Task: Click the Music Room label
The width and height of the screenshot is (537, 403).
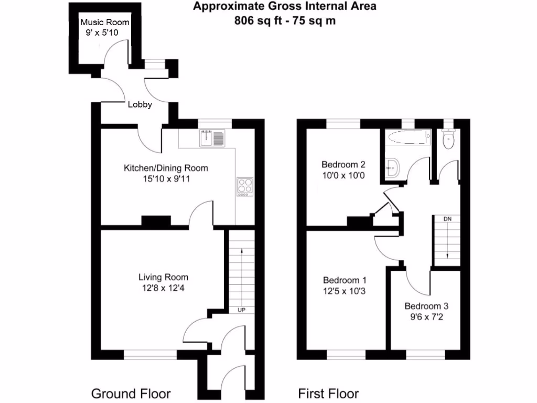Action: [104, 23]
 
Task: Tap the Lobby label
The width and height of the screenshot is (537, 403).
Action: [140, 104]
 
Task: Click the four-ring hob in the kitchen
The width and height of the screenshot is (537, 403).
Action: [244, 186]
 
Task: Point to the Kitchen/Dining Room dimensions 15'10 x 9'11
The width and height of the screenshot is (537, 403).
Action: [166, 179]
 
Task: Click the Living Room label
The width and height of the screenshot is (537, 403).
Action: [163, 277]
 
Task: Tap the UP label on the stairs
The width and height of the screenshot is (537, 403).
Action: [242, 310]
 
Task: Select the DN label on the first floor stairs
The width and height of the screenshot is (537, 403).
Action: [447, 218]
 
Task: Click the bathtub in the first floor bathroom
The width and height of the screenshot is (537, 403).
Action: [407, 139]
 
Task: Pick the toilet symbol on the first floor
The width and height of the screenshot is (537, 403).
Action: [448, 140]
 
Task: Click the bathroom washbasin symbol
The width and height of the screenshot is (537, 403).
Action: [392, 168]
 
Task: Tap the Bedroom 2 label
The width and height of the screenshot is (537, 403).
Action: [343, 164]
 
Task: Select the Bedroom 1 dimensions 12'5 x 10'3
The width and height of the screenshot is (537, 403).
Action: [344, 290]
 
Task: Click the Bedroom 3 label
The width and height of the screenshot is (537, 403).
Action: [426, 306]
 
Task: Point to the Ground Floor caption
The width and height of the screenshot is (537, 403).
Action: [131, 394]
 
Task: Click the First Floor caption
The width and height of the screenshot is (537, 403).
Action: [328, 394]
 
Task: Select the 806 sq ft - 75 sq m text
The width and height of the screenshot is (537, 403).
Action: [285, 21]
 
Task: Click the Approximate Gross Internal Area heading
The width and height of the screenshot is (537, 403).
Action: [285, 7]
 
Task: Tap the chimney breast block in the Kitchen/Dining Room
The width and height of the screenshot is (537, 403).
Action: [156, 221]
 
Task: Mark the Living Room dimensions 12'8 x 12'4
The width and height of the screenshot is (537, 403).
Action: [163, 288]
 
